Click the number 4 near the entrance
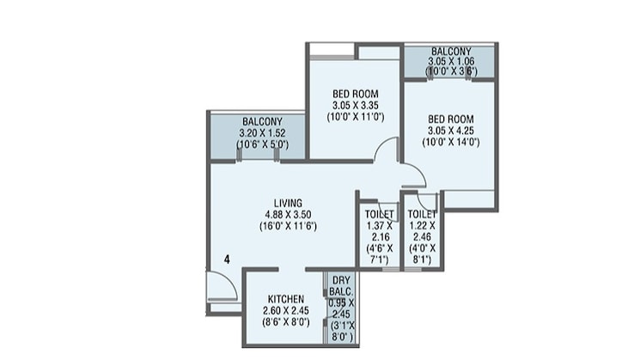coord(227,258)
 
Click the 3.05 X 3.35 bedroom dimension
coord(354,106)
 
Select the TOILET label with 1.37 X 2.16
coord(379,214)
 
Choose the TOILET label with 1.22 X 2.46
coord(422,214)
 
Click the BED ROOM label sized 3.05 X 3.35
coord(354,94)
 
